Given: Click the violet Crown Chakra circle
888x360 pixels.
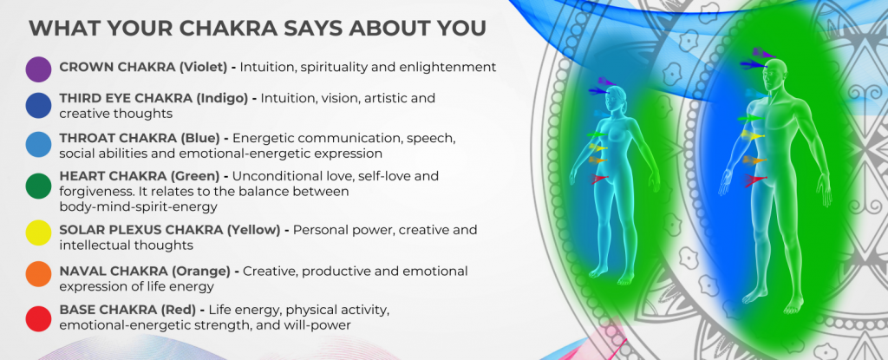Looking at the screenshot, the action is tap(38, 69).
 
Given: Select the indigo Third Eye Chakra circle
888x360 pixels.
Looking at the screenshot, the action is tap(38, 105).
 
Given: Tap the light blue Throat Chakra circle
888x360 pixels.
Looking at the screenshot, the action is tap(38, 144).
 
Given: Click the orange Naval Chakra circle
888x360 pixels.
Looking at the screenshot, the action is tap(38, 274).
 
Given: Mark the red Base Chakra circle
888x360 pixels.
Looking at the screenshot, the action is tap(38, 318).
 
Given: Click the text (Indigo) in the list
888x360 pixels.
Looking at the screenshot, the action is tap(222, 98).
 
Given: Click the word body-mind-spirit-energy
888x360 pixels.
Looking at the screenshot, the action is tap(138, 207).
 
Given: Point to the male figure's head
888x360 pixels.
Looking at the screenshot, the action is tap(774, 73).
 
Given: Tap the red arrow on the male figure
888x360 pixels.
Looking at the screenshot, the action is tap(754, 180).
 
